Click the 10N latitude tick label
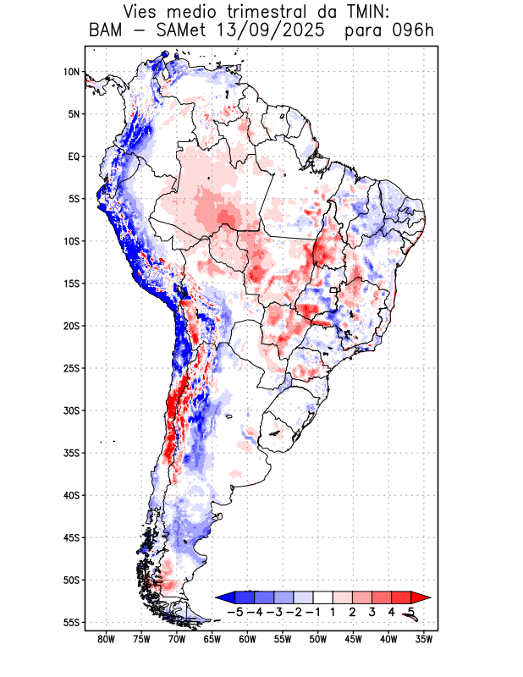coord(71,72)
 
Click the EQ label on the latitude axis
coord(74,157)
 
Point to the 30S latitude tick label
coord(71,410)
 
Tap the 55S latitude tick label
coord(71,622)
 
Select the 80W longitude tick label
coord(107,639)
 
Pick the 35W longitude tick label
coord(424,639)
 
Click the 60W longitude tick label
coord(248,639)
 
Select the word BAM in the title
coord(105,31)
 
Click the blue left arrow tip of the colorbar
coord(222,597)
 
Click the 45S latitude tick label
coord(71,537)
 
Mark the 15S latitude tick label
coord(71,283)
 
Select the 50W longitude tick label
coord(318,639)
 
